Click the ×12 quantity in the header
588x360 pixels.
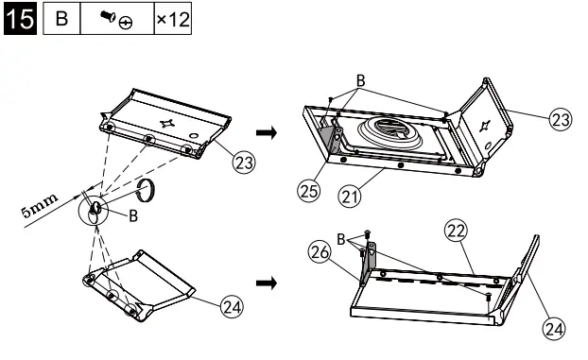pyautogui.click(x=174, y=20)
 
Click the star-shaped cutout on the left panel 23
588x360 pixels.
pyautogui.click(x=167, y=123)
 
